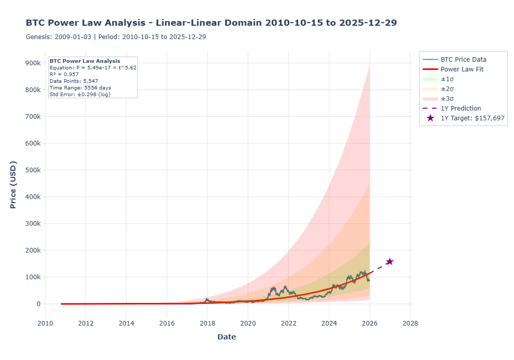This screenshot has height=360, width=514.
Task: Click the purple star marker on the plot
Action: (390, 261)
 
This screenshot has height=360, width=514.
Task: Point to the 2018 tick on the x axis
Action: (207, 323)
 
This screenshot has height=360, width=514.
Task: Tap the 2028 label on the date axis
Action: (410, 323)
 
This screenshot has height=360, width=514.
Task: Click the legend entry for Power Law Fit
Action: (462, 69)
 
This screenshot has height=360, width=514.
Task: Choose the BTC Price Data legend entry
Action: (463, 59)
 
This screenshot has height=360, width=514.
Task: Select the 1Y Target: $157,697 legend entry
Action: (472, 118)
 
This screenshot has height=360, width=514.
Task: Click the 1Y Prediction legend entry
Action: (461, 108)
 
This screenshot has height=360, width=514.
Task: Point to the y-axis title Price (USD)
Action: (13, 185)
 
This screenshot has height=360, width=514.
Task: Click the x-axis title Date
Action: (227, 337)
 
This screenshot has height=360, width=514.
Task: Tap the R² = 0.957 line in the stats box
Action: (64, 74)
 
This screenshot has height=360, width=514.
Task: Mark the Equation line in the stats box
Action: (93, 67)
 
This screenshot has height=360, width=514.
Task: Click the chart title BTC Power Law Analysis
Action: (211, 23)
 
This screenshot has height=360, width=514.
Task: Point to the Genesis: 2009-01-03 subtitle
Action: (116, 37)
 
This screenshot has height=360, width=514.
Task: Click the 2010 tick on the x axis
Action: (45, 323)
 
